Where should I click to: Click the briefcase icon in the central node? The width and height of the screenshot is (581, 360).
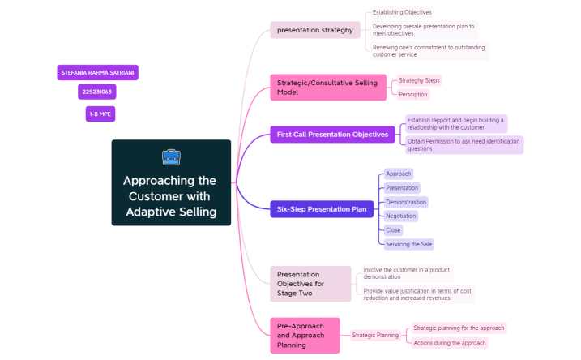[x=171, y=156]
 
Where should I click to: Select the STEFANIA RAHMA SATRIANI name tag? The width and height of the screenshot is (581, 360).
[x=97, y=72]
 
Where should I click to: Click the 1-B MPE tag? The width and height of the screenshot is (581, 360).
[x=100, y=114]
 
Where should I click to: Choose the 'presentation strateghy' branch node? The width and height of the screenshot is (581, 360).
[x=315, y=30]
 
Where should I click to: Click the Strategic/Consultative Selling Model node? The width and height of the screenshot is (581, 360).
[x=327, y=88]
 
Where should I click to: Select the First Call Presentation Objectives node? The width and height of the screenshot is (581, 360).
[x=332, y=134]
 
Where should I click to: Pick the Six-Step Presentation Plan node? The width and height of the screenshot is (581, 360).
[x=322, y=209]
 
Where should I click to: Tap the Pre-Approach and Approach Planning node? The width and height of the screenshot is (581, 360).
[x=305, y=335]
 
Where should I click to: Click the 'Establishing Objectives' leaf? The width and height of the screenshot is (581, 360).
[x=402, y=12]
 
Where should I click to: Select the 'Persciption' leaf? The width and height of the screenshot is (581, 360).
[x=412, y=94]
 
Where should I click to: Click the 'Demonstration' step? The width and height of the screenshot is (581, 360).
[x=405, y=202]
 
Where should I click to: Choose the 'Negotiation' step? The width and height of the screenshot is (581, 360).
[x=400, y=216]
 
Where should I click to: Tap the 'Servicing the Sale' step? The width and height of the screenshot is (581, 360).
[x=408, y=244]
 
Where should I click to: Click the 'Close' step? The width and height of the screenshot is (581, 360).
[x=393, y=229]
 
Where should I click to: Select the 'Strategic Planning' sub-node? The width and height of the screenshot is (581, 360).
[x=375, y=335]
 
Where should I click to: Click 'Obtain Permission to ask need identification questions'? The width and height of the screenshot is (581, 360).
[x=464, y=144]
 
